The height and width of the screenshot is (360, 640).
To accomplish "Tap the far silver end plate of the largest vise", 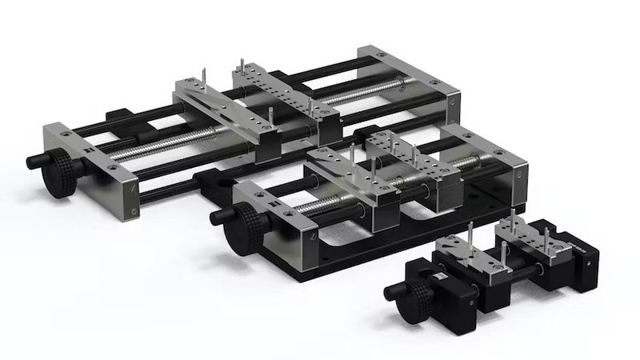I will tap(408, 80).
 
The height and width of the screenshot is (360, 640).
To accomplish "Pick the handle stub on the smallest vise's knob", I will tap(390, 291).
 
